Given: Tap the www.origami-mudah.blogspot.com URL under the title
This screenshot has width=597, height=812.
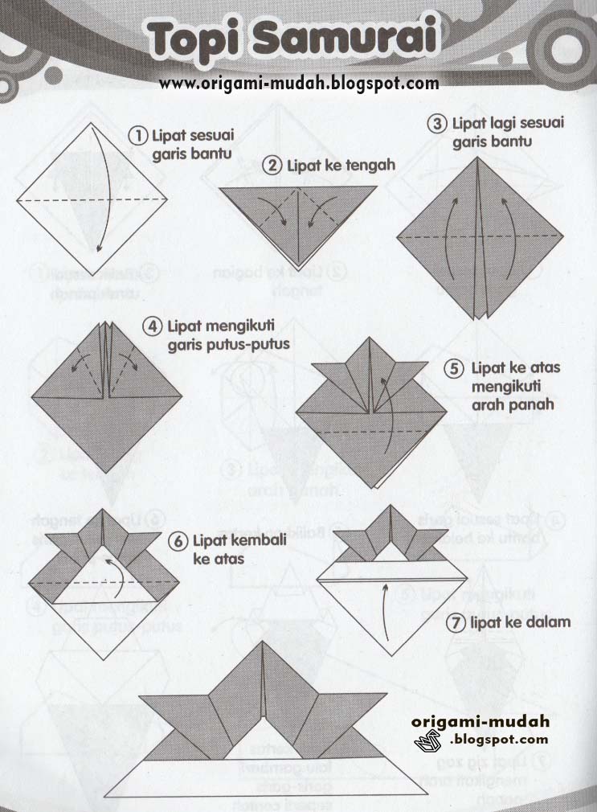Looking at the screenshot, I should [x=299, y=82].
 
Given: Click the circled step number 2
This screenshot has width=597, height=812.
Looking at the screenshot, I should [x=272, y=166].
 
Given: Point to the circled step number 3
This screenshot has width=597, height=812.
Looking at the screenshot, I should [x=437, y=124].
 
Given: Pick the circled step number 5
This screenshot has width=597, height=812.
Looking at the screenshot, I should [x=456, y=369].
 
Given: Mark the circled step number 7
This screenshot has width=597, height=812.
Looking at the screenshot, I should [x=456, y=621].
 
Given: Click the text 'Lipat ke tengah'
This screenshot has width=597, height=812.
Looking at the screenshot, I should [x=341, y=166].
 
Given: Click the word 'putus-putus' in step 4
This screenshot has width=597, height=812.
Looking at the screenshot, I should [x=252, y=344].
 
